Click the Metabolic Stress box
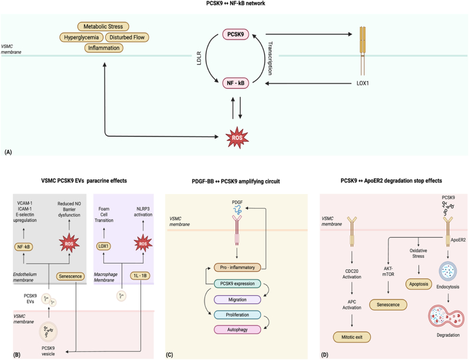[103, 26]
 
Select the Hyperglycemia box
[81, 38]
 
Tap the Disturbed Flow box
[127, 38]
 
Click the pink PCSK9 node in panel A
[236, 35]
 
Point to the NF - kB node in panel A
[236, 83]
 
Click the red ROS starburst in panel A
[237, 138]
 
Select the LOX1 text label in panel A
[363, 83]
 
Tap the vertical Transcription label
[270, 58]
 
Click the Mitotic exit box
[351, 337]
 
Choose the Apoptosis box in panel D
[418, 284]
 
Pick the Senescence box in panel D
[388, 305]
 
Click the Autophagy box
[237, 329]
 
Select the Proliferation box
[237, 315]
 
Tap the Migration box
[237, 299]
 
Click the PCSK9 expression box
[237, 284]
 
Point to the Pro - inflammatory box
[237, 267]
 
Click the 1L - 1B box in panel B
[140, 276]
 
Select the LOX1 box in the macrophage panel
[103, 246]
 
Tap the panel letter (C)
[169, 355]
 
